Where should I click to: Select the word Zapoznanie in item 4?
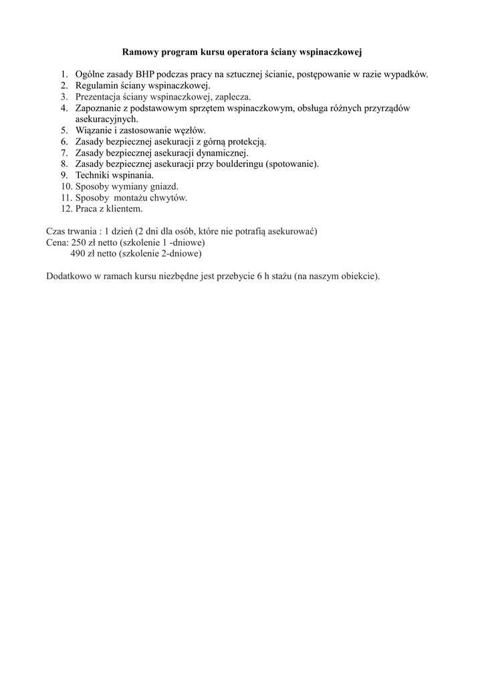coord(100,108)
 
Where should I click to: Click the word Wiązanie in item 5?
coord(94,130)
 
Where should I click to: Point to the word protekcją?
coord(244,142)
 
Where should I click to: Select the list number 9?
coord(64,175)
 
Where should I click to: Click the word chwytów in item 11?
coord(168,198)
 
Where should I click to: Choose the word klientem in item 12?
coord(124,208)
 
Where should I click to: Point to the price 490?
coord(79,254)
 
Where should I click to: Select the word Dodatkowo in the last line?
coord(70,277)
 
